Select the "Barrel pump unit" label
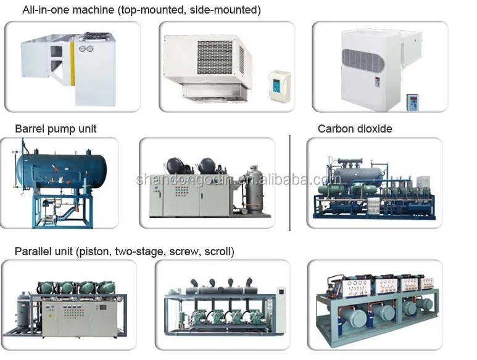tap(56, 129)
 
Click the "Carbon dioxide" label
tap(355, 129)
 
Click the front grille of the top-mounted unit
tap(215, 56)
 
